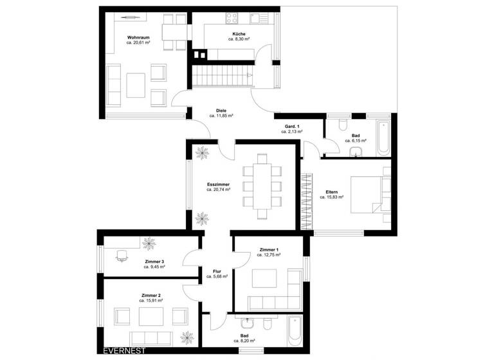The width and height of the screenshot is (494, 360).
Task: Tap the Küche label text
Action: [x=239, y=33]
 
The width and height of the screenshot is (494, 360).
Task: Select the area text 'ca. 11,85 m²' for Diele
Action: [x=221, y=116]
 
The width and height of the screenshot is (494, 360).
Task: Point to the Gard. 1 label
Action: [x=291, y=126]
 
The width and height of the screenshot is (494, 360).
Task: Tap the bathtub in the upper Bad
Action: [x=383, y=135]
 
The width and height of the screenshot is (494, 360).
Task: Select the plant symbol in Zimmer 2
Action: [x=187, y=336]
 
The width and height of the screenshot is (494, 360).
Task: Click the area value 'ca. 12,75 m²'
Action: [x=268, y=255]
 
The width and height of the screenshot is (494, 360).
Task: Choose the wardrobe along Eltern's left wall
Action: [x=306, y=199]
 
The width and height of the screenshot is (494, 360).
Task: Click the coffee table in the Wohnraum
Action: [x=136, y=84]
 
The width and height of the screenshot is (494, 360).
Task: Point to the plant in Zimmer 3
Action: [x=149, y=243]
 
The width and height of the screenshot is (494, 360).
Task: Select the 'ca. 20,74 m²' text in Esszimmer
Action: [x=219, y=190]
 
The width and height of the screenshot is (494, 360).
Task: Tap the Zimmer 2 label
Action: [x=151, y=295]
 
